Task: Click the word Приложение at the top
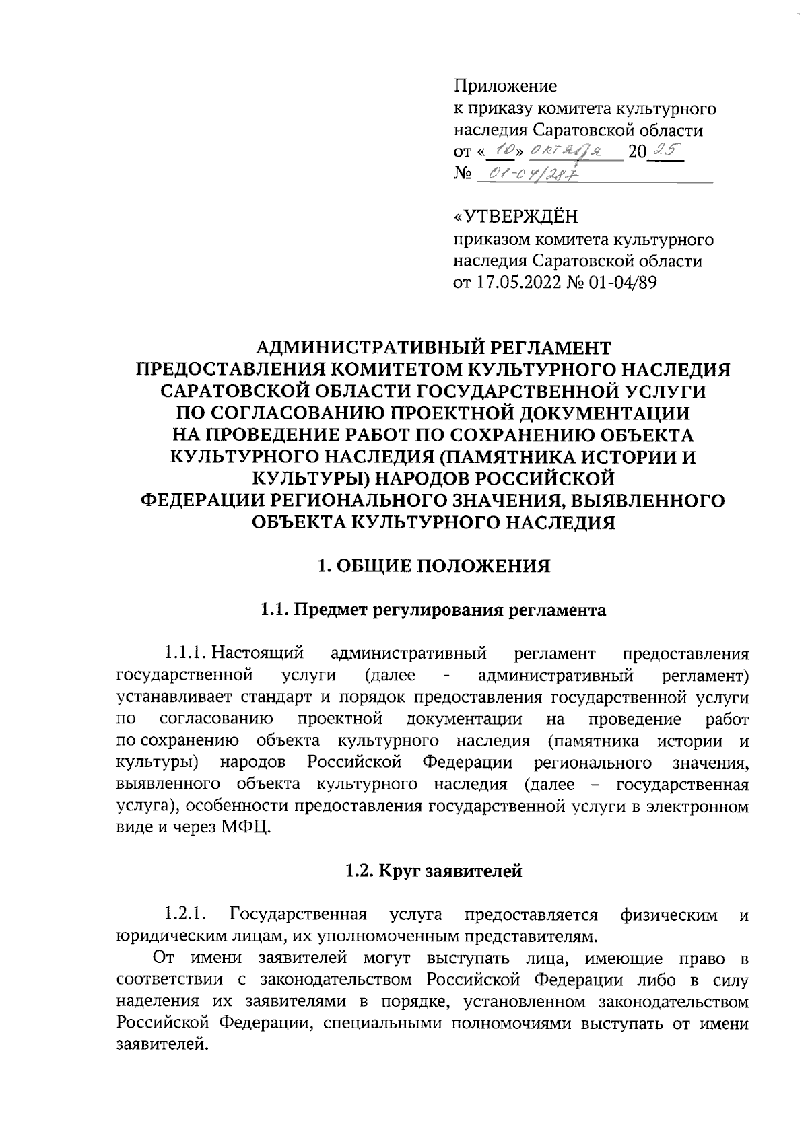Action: click(x=506, y=86)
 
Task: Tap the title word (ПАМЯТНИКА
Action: click(x=514, y=457)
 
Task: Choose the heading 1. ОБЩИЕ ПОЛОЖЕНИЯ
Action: click(x=434, y=567)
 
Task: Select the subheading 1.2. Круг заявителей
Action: click(x=434, y=871)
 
